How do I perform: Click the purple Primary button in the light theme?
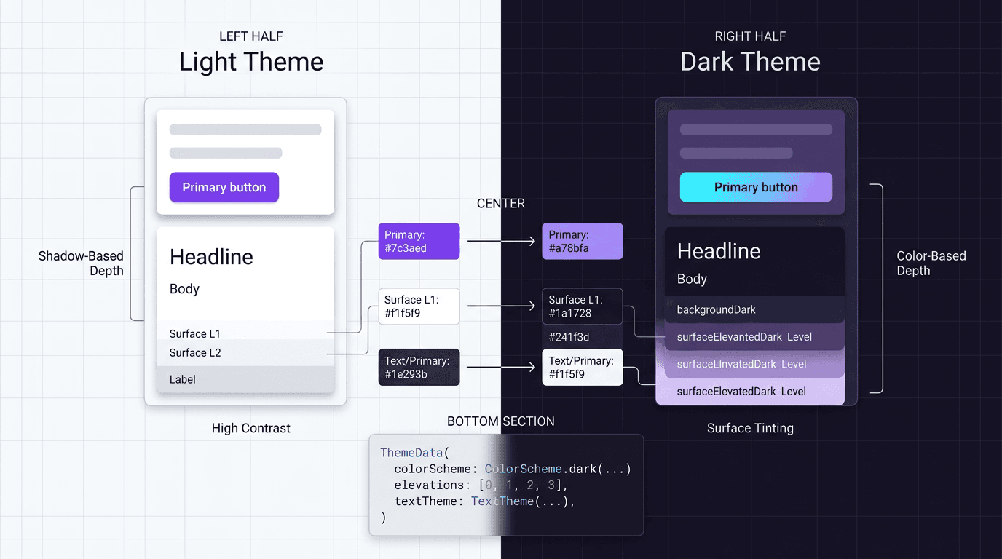point(224,187)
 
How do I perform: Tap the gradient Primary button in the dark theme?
point(756,187)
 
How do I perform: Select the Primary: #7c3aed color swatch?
point(419,241)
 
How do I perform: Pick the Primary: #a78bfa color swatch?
point(583,241)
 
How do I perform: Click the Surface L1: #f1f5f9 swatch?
point(419,306)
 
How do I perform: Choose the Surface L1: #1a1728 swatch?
point(583,306)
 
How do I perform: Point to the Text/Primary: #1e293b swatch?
point(419,368)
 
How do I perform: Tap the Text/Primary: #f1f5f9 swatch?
point(583,368)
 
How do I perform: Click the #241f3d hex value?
point(569,337)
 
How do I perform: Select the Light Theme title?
point(251,62)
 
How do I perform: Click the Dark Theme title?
point(750,62)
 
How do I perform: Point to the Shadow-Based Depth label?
point(81,263)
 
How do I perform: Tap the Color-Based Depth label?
point(931,263)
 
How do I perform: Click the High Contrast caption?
point(251,428)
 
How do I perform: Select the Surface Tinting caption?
point(750,428)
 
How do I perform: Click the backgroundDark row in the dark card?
point(754,309)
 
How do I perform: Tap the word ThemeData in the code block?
point(411,453)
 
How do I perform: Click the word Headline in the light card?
point(211,257)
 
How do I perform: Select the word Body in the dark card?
point(692,279)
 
